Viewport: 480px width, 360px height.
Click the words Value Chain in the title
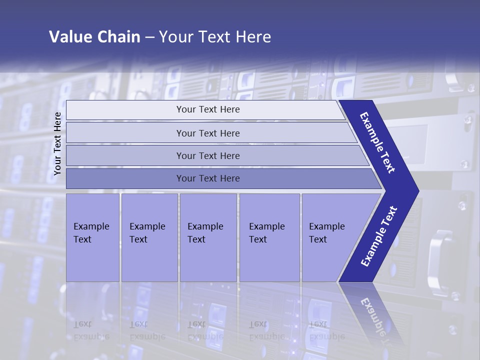point(94,37)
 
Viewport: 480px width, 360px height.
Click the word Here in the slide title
point(253,37)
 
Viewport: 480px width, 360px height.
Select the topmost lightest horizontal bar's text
point(208,109)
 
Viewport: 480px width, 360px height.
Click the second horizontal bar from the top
point(208,133)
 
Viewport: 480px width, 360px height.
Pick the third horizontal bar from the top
point(208,155)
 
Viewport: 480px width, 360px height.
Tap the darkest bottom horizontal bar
point(208,178)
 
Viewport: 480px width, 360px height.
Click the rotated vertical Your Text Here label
point(57,143)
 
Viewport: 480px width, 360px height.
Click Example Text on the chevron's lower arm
point(379,236)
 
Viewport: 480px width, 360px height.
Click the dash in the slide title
point(149,37)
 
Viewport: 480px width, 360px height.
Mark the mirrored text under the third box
point(205,330)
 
